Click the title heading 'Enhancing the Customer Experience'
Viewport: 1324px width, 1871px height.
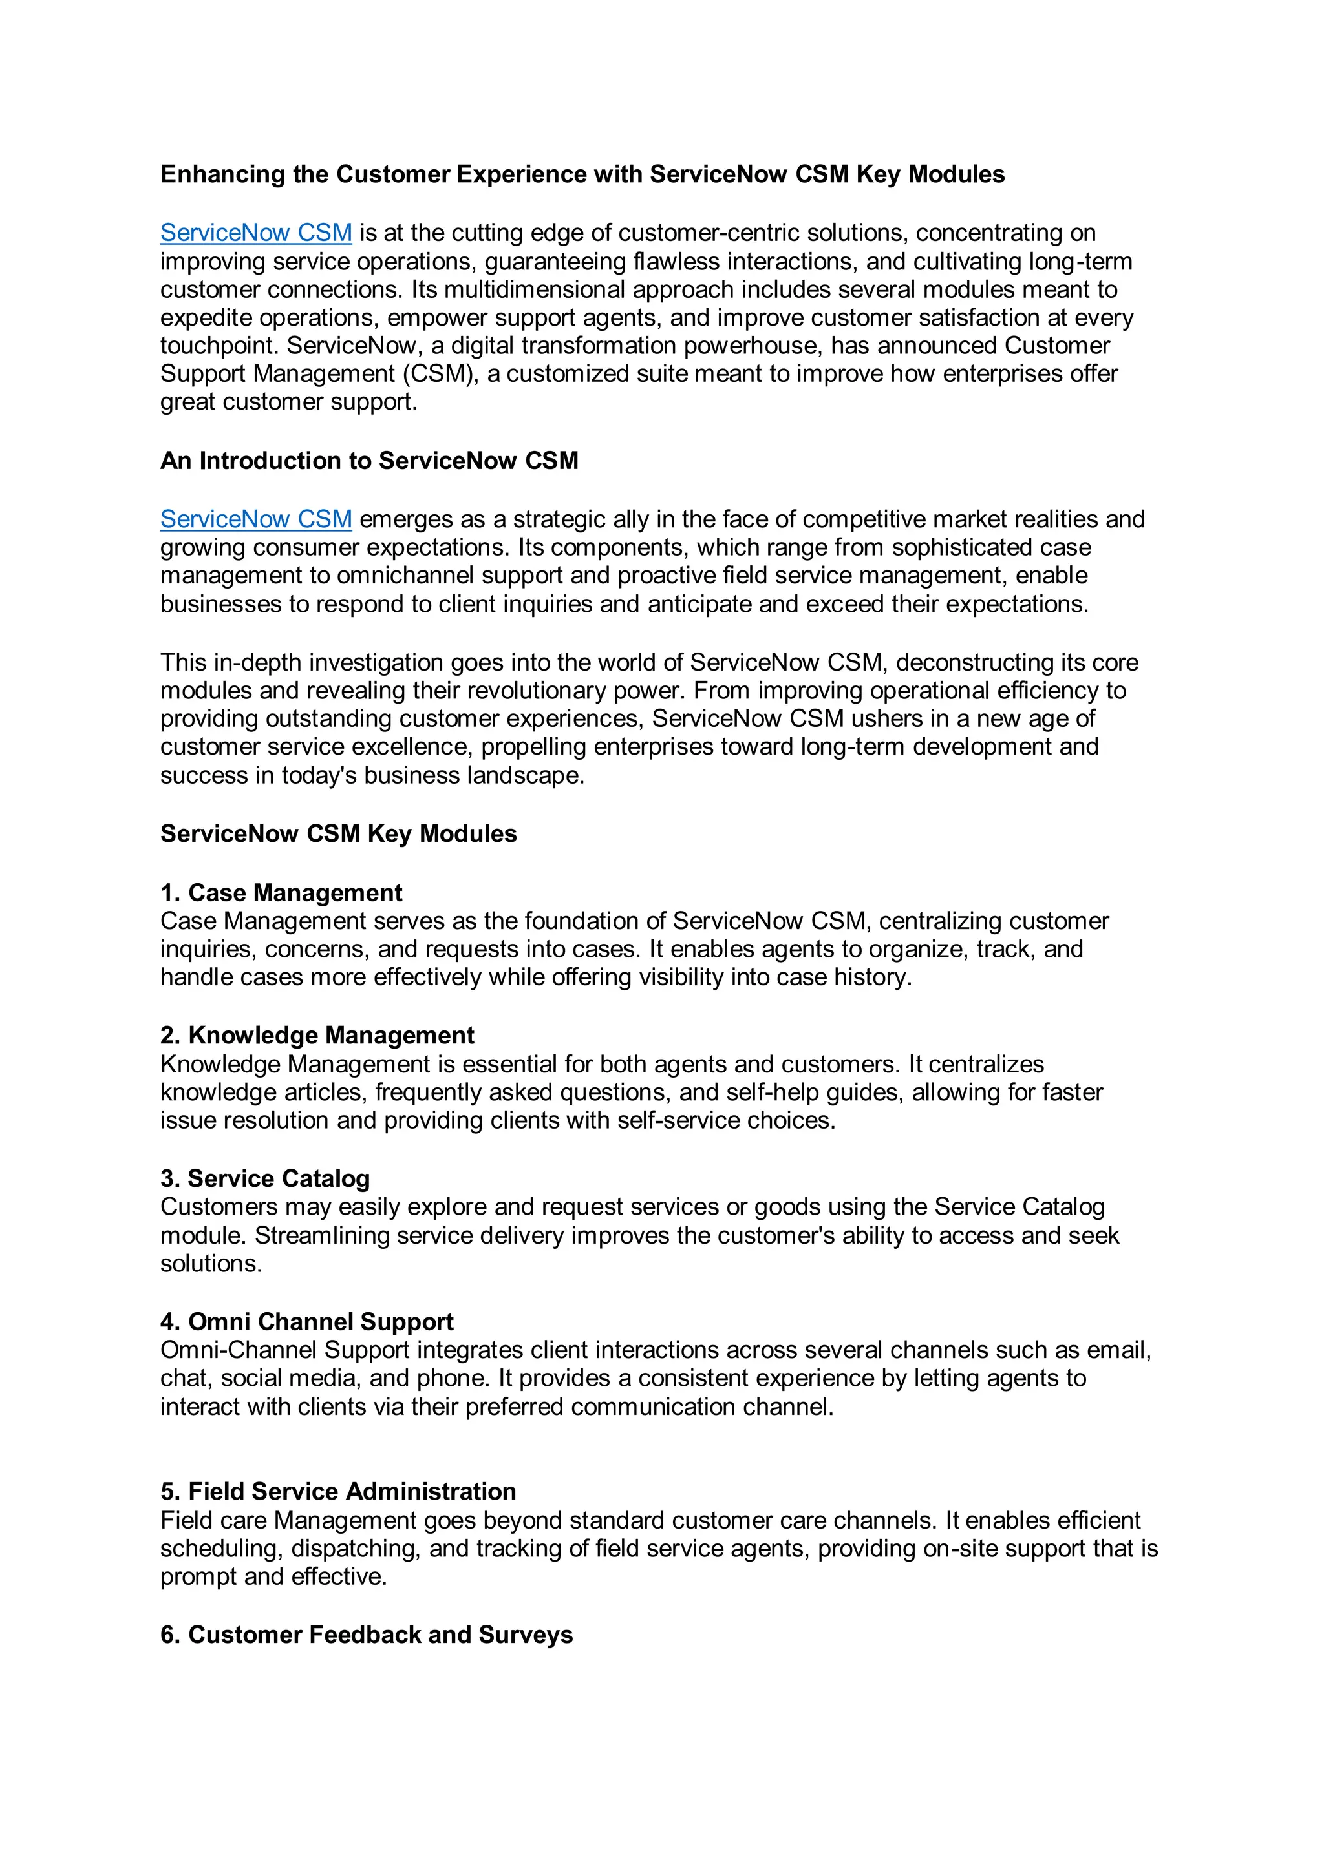(x=582, y=174)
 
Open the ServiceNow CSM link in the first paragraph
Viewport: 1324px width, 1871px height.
(x=256, y=233)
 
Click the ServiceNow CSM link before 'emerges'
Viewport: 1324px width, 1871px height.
(x=256, y=519)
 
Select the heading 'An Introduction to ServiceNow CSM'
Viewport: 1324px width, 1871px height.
(x=369, y=461)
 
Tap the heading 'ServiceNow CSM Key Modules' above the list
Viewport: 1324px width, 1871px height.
(x=338, y=833)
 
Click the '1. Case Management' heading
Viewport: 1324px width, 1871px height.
(x=281, y=893)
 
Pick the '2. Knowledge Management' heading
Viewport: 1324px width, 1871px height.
(x=317, y=1036)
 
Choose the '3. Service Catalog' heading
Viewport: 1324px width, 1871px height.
(x=265, y=1179)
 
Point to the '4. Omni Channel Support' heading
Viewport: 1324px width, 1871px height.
(x=306, y=1322)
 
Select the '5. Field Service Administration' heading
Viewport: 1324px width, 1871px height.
(x=338, y=1492)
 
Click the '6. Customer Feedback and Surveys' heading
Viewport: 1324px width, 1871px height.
(x=367, y=1635)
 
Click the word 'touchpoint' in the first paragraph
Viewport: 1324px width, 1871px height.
(x=219, y=346)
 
